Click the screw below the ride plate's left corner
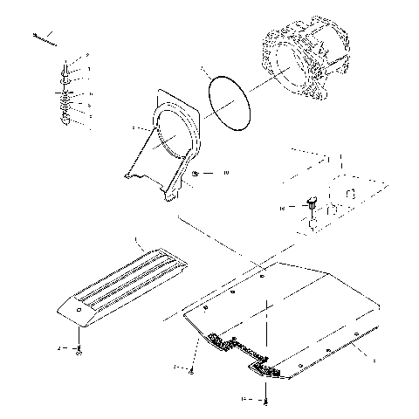click(191, 370)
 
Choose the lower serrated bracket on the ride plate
click(266, 370)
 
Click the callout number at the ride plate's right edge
click(374, 359)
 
